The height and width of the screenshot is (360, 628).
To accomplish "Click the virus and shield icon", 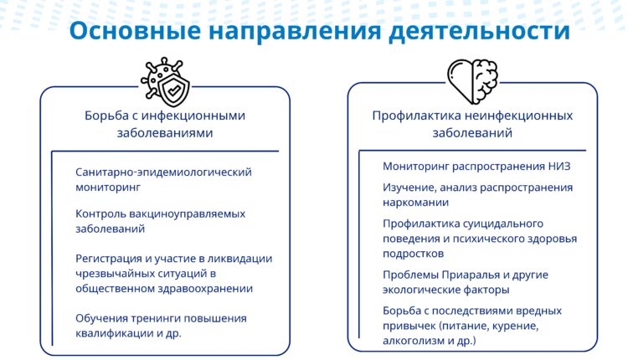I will click(166, 80).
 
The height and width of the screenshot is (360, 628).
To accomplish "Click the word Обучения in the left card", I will click(104, 318).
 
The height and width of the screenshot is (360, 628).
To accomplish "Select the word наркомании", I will click(416, 202).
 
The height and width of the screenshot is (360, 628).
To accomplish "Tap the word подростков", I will click(414, 253).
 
